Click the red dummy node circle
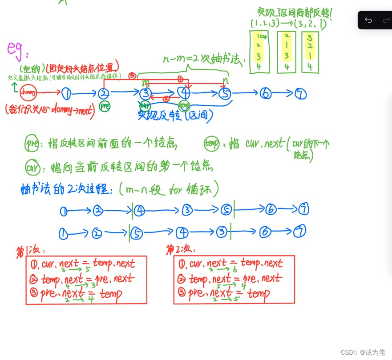(28, 92)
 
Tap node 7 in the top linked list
(301, 94)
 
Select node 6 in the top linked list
(266, 94)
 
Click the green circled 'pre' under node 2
(105, 107)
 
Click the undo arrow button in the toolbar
(368, 20)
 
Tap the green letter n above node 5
(226, 81)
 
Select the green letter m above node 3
(145, 82)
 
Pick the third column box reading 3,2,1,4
(310, 51)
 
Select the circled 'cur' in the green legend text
(31, 168)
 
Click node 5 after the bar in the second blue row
(137, 232)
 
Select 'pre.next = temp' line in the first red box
(80, 293)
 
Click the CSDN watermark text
(363, 352)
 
